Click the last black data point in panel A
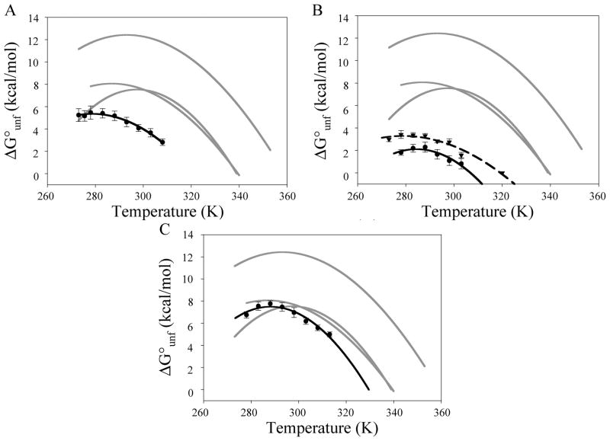(162, 142)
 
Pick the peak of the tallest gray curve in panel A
(125, 34)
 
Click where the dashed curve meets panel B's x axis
(515, 184)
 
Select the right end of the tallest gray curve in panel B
(582, 149)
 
